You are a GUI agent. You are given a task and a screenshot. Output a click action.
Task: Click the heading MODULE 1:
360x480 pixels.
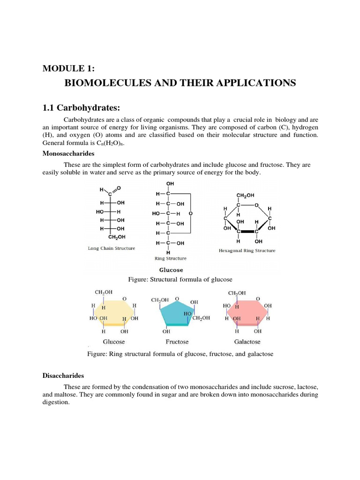click(68, 68)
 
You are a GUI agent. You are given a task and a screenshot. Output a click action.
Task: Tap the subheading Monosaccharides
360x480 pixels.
click(68, 153)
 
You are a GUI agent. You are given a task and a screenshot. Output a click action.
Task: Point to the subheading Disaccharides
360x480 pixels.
click(63, 376)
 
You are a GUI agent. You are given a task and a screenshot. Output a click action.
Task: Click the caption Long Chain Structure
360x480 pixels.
click(112, 248)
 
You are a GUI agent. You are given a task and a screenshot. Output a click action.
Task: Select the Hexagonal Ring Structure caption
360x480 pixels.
click(247, 250)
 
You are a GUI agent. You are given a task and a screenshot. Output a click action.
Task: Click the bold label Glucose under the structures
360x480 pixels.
click(171, 270)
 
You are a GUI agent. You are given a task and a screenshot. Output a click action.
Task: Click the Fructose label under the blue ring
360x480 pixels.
click(177, 342)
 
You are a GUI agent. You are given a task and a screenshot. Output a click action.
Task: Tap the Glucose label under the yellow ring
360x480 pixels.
click(114, 342)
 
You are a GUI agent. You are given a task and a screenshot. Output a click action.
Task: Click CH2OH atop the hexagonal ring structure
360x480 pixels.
click(246, 195)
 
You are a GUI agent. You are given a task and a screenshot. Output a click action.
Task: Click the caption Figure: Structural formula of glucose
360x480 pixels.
click(180, 279)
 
